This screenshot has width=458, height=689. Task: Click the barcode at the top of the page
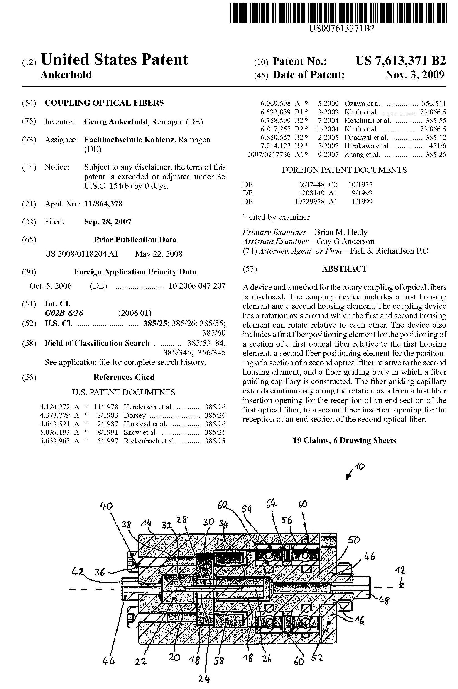pos(338,12)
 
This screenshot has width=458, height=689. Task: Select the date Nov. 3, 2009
pos(415,75)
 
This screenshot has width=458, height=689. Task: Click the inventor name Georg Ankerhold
pos(116,122)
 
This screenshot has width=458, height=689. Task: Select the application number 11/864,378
pos(103,204)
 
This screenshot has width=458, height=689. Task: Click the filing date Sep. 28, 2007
pos(108,222)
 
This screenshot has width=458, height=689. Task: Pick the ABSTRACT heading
pos(344,269)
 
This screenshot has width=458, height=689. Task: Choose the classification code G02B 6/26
pos(64,313)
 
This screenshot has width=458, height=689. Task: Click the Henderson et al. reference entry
pos(148,407)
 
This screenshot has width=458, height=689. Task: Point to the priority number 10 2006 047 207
pos(197,286)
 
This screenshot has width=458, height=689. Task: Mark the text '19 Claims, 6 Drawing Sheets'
pos(344,440)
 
